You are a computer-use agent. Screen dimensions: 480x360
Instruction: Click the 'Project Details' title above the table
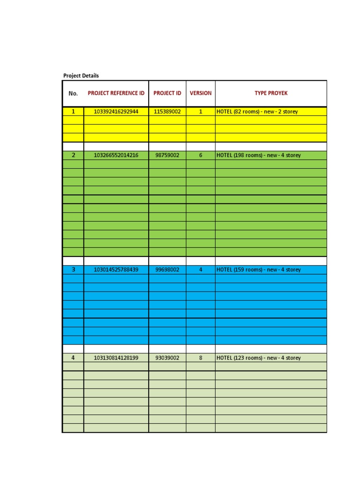coord(81,75)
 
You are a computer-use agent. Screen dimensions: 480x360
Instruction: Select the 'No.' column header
coord(73,93)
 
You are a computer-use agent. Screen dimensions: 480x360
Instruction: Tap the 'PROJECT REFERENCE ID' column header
coord(116,93)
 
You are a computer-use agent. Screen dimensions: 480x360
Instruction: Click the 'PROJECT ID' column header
coord(167,93)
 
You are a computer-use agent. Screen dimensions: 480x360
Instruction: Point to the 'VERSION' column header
coord(201,93)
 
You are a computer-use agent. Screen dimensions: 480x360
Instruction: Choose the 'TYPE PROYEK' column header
coord(271,93)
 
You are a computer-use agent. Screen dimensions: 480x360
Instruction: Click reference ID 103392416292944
coord(116,112)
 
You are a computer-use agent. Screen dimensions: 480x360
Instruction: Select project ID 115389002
coord(167,112)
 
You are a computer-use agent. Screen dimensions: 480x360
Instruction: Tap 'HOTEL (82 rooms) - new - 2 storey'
coord(257,112)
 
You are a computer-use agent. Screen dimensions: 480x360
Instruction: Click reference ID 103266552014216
coord(116,155)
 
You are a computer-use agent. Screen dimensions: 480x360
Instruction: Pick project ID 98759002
coord(167,155)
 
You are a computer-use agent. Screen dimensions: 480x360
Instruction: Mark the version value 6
coord(201,155)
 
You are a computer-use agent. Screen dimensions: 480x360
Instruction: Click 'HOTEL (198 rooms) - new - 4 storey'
coord(259,155)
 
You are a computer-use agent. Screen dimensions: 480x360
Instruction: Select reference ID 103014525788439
coord(116,270)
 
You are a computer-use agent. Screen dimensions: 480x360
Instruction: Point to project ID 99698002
coord(167,270)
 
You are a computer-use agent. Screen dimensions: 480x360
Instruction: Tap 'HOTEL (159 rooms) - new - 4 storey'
coord(259,270)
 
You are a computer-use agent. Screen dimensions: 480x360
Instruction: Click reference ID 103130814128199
coord(116,358)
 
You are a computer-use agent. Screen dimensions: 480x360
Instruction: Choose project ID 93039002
coord(167,358)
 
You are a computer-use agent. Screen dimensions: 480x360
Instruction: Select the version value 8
coord(201,358)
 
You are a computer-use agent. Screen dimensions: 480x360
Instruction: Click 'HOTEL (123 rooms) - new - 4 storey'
coord(259,358)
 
